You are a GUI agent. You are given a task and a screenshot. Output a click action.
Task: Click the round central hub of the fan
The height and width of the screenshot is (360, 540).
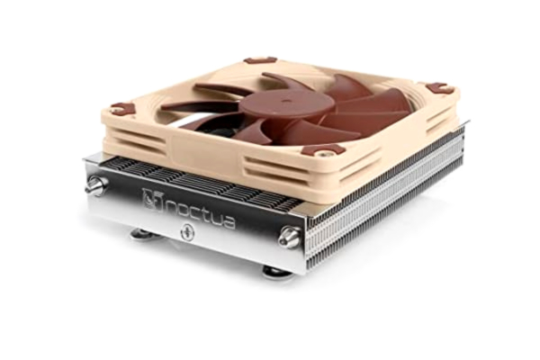click(274, 103)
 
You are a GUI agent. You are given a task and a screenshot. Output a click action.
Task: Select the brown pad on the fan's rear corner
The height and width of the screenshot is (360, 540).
click(260, 60)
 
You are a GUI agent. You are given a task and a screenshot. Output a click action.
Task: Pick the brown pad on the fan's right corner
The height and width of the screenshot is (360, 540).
click(439, 87)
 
